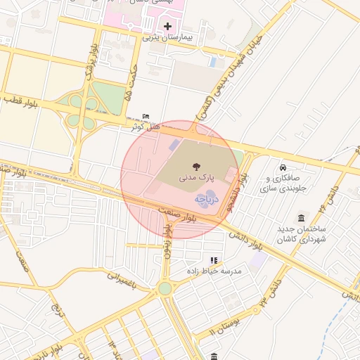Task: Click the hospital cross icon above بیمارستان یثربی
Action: click(x=167, y=27)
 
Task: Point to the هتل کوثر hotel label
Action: click(x=146, y=127)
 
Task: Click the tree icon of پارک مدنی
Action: click(x=195, y=167)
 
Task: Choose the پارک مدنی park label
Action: click(x=195, y=178)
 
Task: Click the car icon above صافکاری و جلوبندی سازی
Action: click(x=282, y=168)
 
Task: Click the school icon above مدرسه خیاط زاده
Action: click(x=214, y=260)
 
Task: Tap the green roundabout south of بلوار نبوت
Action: click(x=165, y=288)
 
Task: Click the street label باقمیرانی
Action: click(x=128, y=276)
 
